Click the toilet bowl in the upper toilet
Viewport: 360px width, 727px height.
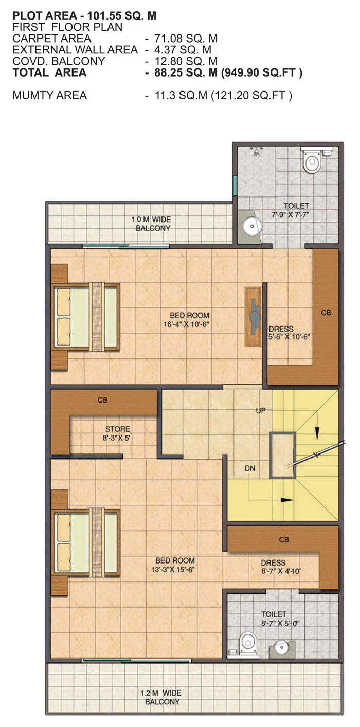311,160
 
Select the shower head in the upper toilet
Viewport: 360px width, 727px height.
257,152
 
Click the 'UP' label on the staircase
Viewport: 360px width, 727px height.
261,411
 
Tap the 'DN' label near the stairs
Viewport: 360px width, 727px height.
250,468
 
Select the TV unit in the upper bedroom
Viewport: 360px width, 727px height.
253,316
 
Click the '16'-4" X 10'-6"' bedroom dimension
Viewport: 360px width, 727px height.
186,324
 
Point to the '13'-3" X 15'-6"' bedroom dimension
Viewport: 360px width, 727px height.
173,569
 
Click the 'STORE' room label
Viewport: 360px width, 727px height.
117,429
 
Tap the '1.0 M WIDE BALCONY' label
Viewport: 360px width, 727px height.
151,224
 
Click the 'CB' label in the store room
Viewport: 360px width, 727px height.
102,400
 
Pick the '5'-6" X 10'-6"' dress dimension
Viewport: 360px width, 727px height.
289,337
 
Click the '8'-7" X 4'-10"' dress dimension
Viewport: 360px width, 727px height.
281,571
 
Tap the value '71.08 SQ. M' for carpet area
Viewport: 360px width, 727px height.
186,39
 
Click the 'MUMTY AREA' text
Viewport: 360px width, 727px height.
50,96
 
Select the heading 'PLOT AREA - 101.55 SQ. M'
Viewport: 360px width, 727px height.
84,15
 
